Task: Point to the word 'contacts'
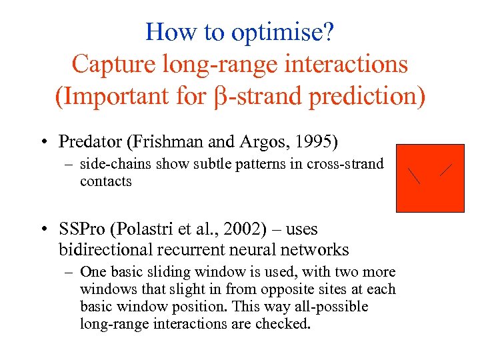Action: coord(105,181)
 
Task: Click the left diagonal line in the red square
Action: coord(415,175)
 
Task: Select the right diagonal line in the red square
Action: coord(445,170)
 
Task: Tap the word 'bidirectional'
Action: coord(108,250)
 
